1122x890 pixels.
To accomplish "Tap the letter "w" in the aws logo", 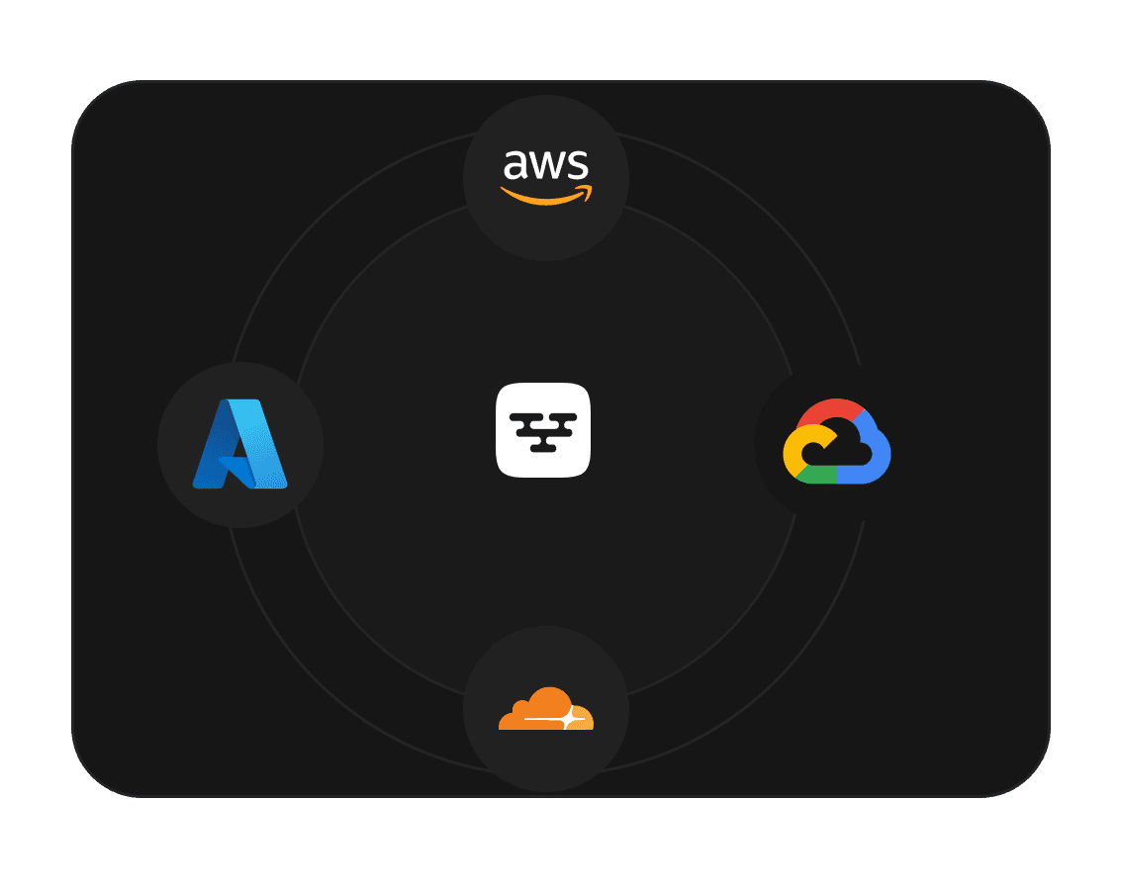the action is coord(544,166).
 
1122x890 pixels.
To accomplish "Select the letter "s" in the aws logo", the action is coord(577,166).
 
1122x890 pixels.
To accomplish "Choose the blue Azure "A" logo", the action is coord(240,444).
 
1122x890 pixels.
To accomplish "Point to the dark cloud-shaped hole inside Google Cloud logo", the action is coord(838,451).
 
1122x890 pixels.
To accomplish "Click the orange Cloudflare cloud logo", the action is coord(545,710).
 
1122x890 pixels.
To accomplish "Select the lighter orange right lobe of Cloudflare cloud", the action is coord(583,718).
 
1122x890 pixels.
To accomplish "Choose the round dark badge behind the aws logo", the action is coord(545,237).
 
